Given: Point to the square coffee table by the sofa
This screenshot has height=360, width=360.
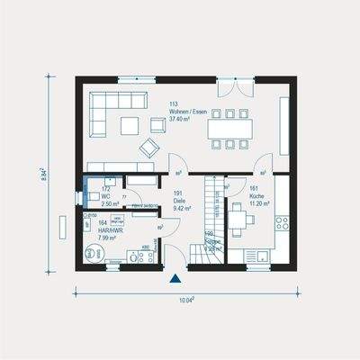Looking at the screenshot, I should [x=131, y=123].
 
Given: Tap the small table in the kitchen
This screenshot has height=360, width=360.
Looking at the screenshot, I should [x=238, y=218].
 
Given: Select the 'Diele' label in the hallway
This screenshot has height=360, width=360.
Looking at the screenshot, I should [x=178, y=200].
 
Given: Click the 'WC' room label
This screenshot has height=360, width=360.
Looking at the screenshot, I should [x=106, y=197].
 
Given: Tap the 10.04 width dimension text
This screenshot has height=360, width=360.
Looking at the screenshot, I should [x=184, y=301].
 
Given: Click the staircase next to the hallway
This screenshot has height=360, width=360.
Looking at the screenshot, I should [x=213, y=216].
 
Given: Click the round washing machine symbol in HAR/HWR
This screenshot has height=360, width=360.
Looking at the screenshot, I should [x=93, y=253].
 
